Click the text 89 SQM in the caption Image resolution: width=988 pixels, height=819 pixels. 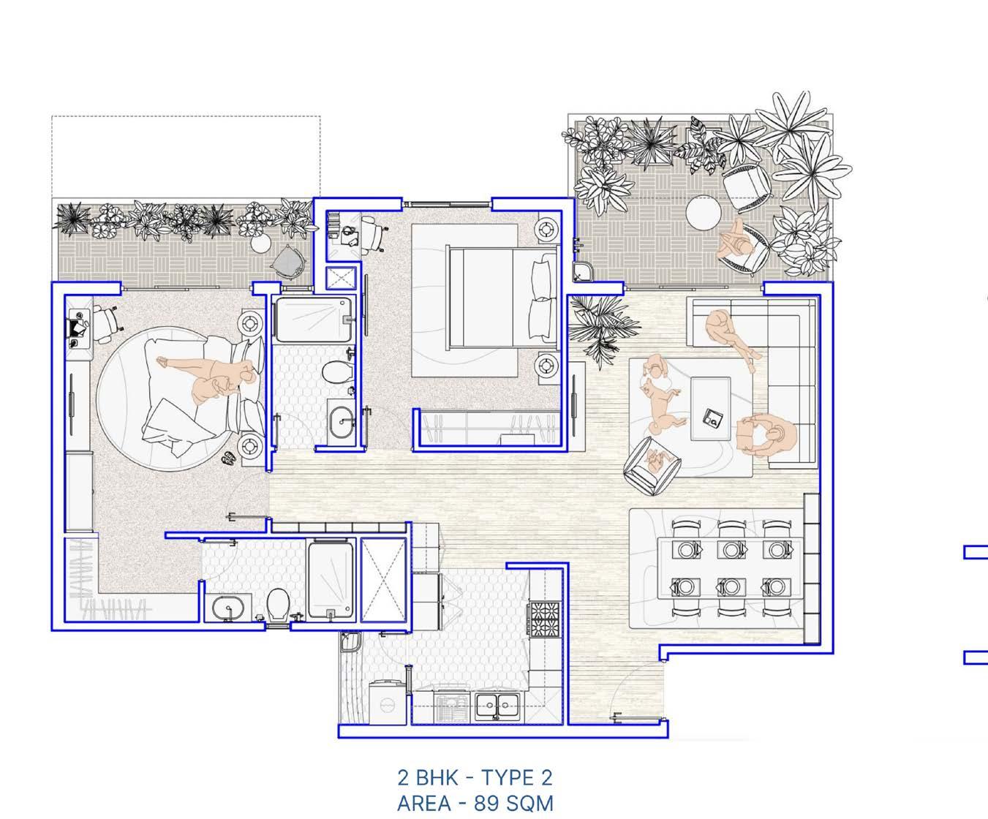[x=513, y=804]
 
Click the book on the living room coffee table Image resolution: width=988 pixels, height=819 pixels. [x=712, y=417]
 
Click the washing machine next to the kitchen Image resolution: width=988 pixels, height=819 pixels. [x=387, y=702]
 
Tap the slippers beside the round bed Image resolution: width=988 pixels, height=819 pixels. [x=229, y=458]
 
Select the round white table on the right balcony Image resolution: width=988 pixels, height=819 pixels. [x=704, y=214]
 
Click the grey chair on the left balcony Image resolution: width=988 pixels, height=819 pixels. [x=287, y=262]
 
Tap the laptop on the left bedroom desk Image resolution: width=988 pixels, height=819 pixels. [x=77, y=327]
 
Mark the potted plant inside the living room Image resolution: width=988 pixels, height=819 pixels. [x=601, y=331]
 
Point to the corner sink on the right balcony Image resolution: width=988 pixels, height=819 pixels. [x=580, y=272]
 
